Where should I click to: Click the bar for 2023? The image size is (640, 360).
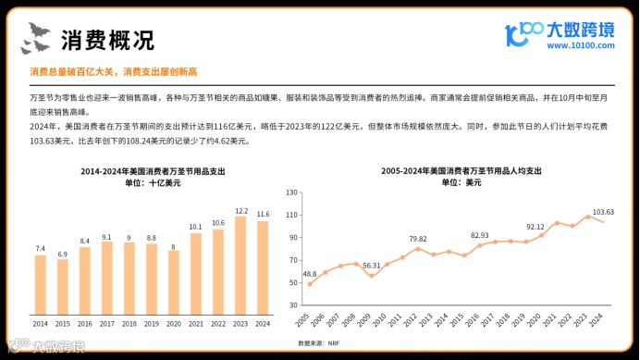(240, 264)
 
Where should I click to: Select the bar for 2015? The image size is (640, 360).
(63, 284)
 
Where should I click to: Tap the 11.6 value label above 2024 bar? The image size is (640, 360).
(263, 214)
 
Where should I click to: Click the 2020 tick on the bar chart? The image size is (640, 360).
(174, 323)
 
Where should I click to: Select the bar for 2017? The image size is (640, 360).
(107, 275)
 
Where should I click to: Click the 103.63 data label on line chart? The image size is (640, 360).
(603, 212)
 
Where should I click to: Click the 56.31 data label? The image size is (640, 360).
(371, 266)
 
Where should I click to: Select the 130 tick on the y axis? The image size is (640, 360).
(293, 192)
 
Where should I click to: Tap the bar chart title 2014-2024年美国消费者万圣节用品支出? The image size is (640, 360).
(153, 171)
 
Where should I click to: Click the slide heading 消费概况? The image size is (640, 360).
(107, 40)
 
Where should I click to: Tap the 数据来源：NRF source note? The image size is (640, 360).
(318, 343)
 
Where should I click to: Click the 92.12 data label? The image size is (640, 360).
(535, 226)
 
